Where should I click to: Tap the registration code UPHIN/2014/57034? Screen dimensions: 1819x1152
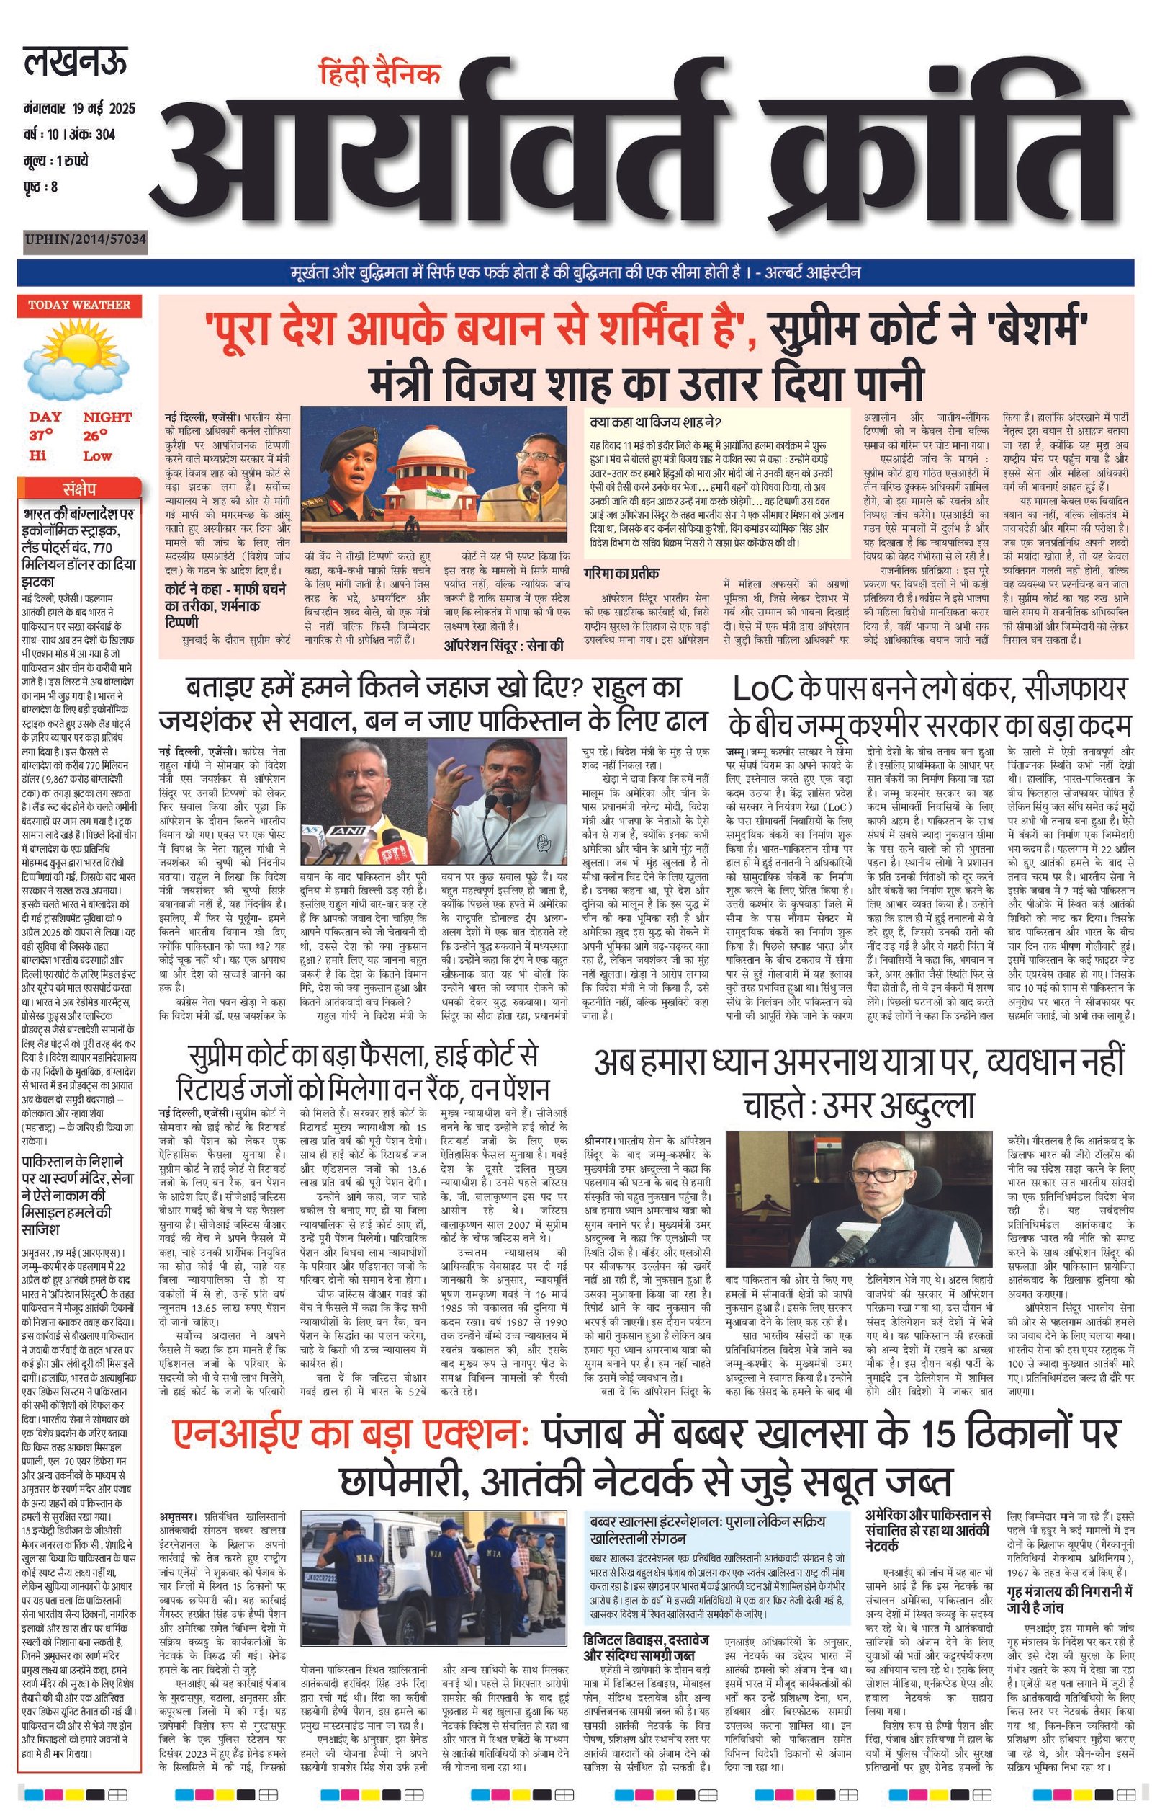click(x=84, y=241)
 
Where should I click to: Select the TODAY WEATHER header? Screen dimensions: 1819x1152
click(x=78, y=305)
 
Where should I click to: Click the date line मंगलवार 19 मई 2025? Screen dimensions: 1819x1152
click(x=79, y=109)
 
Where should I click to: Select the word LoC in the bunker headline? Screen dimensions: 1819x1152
click(x=762, y=688)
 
